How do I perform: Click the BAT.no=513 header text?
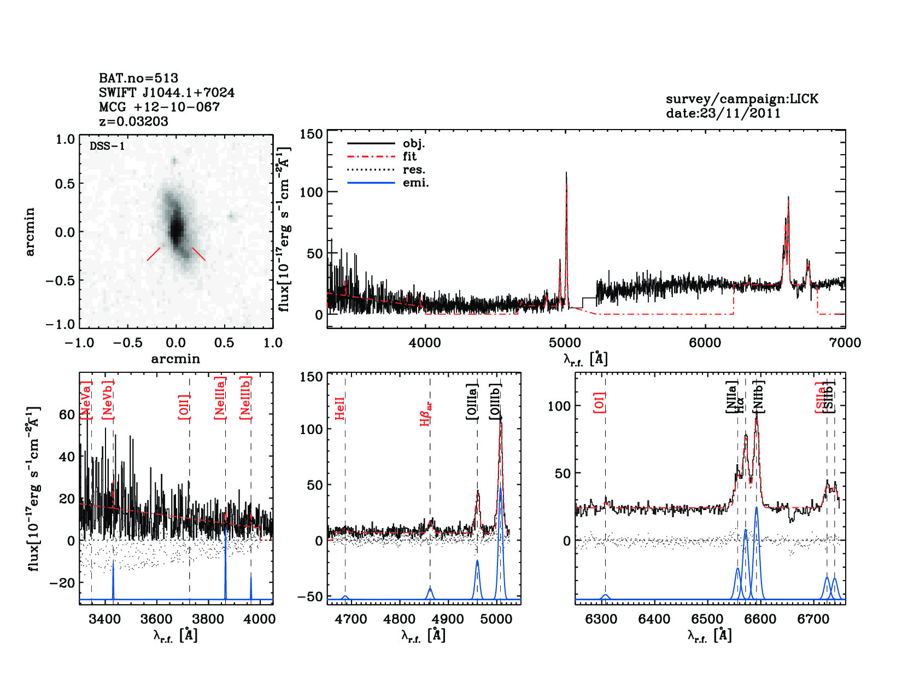[x=138, y=78]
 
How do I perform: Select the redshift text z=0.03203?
[x=133, y=121]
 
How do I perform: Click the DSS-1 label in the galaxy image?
[x=107, y=146]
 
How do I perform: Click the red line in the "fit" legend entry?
[x=371, y=156]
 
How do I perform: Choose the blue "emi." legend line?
[x=371, y=183]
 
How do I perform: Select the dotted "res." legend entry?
[x=371, y=169]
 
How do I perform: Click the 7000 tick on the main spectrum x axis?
[x=845, y=343]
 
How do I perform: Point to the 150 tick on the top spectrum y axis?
[x=312, y=134]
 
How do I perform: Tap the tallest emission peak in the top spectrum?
[x=566, y=174]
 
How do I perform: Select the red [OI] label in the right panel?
[x=599, y=402]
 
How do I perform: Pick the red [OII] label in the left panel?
[x=184, y=407]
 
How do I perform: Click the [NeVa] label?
[x=86, y=401]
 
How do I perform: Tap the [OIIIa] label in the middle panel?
[x=472, y=402]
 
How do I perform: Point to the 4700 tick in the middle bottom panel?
[x=351, y=619]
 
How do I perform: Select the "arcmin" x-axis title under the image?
[x=175, y=359]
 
